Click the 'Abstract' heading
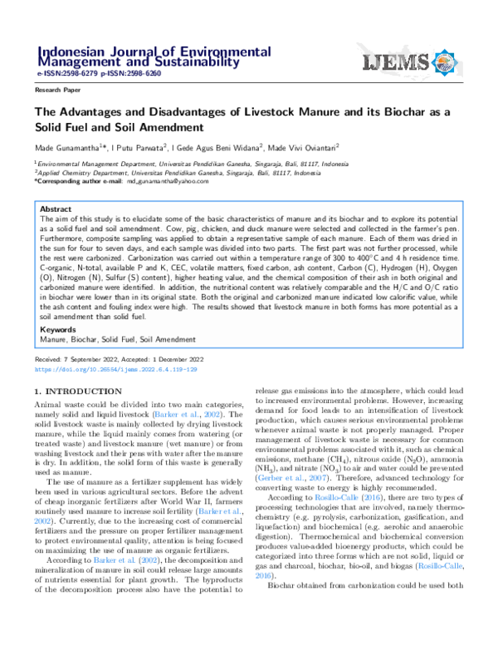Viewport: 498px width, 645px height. coord(56,209)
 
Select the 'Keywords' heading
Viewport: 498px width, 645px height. coord(59,329)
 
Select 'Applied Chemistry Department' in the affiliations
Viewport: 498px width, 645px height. coord(79,172)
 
